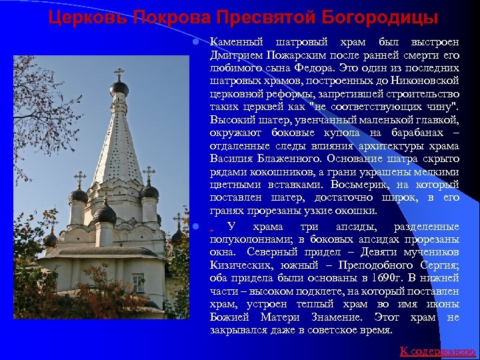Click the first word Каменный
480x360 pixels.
pyautogui.click(x=236, y=43)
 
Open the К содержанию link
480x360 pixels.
pyautogui.click(x=437, y=351)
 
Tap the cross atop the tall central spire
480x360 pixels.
pyautogui.click(x=119, y=73)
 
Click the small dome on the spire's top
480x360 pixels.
pyautogui.click(x=119, y=87)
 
